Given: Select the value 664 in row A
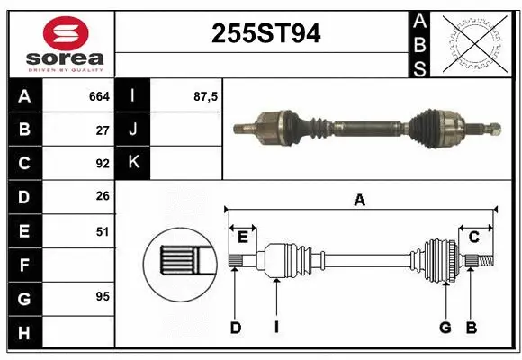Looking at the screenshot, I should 98,95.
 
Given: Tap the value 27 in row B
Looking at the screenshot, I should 102,130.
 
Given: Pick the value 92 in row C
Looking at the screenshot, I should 102,164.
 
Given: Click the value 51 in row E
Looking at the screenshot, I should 102,231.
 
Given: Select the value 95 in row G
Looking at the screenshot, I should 102,295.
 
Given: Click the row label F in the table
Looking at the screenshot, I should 23,265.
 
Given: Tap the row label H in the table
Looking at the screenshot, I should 23,334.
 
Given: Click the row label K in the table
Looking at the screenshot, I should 133,164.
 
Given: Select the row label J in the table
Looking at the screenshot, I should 133,130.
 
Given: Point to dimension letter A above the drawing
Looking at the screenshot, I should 360,201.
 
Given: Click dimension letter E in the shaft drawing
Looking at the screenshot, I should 242,237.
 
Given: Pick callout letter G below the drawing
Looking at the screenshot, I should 445,328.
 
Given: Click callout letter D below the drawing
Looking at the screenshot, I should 235,328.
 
